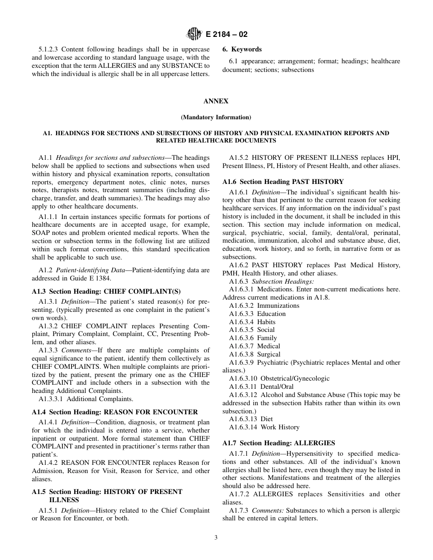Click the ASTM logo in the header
[194, 34]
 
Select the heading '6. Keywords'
[242, 49]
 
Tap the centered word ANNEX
[216, 101]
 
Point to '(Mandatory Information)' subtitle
[216, 117]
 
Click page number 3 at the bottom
[216, 537]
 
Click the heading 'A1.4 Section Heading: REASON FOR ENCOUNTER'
[115, 412]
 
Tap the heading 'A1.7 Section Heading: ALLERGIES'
[278, 443]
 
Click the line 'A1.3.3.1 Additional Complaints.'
[86, 399]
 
